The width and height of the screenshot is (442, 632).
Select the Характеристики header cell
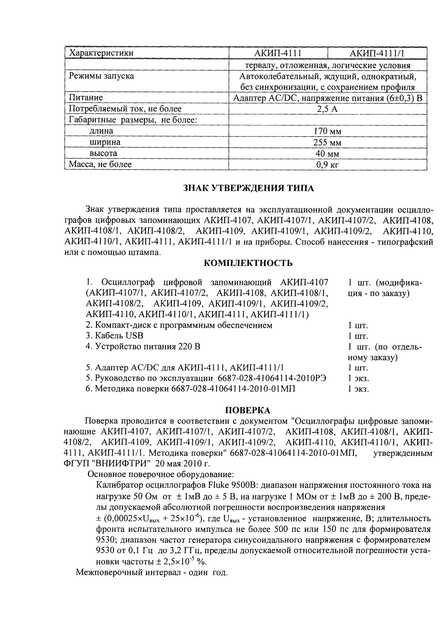click(101, 53)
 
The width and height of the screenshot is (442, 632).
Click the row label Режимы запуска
click(101, 76)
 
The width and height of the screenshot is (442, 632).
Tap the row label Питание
click(86, 98)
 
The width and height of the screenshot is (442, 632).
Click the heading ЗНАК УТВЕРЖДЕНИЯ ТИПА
click(249, 188)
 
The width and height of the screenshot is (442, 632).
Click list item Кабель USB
click(115, 336)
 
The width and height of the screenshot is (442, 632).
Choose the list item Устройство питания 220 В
click(143, 347)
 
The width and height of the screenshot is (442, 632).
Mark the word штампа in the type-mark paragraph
click(146, 253)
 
